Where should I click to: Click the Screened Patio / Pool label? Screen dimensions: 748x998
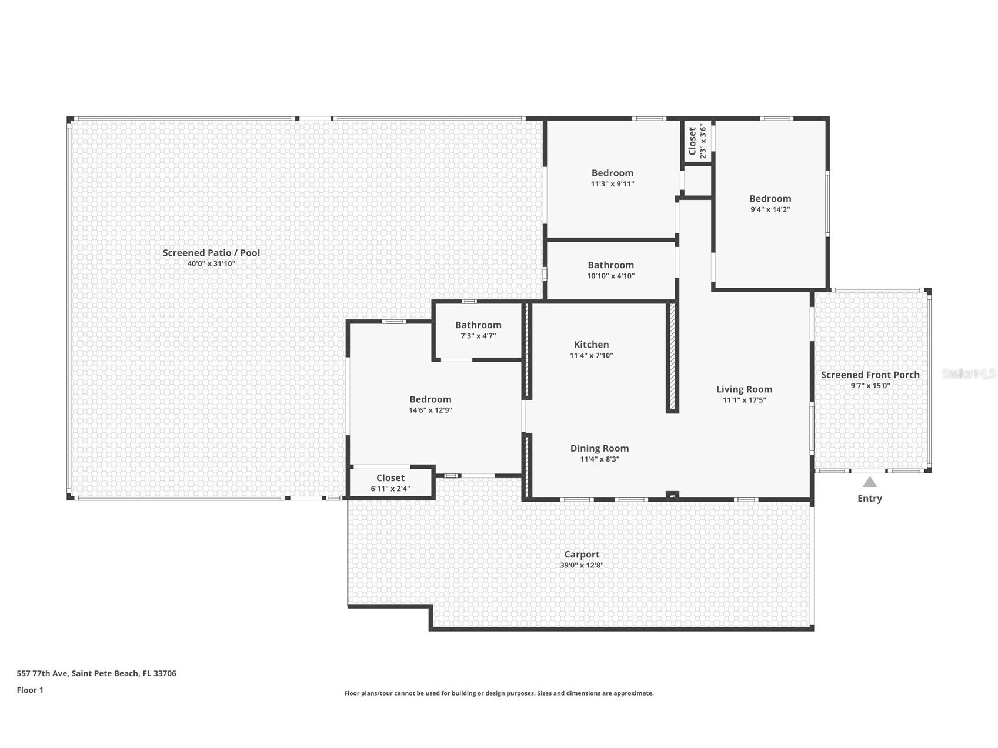(x=211, y=253)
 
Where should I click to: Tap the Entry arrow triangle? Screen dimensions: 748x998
(x=869, y=482)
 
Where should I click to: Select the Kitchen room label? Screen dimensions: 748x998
(x=591, y=345)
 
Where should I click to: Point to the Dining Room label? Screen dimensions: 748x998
(x=599, y=448)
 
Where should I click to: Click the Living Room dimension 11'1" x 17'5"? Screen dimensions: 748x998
(x=744, y=400)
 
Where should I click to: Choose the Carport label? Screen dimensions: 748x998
(x=582, y=554)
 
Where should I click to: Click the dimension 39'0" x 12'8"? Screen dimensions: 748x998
(x=582, y=565)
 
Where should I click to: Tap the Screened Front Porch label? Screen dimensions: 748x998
(x=870, y=375)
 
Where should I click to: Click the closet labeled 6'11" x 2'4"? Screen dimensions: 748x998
(x=390, y=483)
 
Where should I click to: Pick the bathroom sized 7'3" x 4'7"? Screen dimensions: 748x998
(x=478, y=330)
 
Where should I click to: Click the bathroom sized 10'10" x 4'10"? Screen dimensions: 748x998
(x=610, y=270)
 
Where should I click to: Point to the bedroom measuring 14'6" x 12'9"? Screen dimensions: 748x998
(x=430, y=404)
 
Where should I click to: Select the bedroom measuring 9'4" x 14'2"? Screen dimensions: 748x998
(x=770, y=203)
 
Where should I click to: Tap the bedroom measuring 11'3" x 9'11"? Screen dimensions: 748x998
(x=612, y=178)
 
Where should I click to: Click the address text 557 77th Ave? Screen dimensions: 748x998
(x=96, y=673)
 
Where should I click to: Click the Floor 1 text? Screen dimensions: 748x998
(x=30, y=690)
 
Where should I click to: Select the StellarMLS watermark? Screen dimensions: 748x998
(x=968, y=373)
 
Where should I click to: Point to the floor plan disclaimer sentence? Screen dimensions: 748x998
(x=499, y=693)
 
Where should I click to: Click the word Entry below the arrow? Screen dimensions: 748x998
(x=869, y=498)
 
